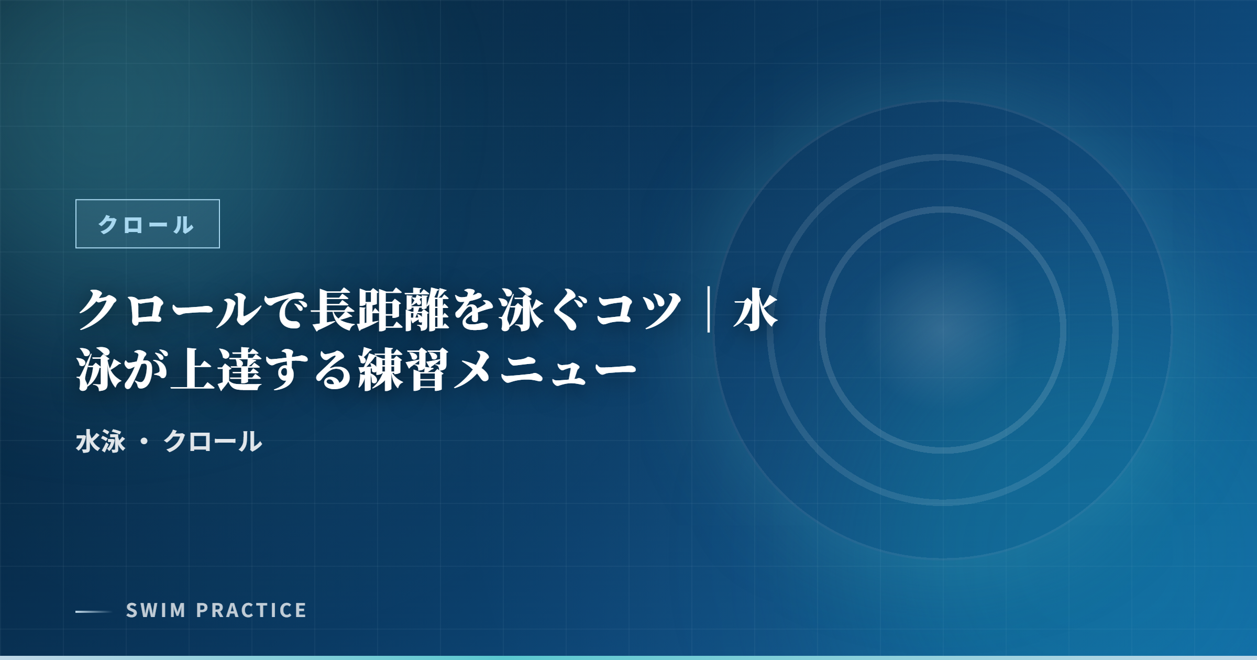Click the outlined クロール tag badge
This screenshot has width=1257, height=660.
148,224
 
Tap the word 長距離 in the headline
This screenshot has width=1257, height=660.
379,310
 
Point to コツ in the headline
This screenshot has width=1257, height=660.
638,310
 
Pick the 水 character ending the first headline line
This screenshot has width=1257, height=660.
756,310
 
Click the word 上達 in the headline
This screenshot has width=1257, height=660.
217,370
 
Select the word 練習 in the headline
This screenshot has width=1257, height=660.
404,370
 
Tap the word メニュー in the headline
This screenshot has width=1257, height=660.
545,370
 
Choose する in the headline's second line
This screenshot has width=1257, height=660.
310,370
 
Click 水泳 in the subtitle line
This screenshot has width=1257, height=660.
101,441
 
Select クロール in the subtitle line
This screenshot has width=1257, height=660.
213,441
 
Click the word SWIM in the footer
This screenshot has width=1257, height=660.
156,610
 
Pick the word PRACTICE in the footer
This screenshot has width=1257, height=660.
251,610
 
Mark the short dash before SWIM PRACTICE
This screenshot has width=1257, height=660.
94,611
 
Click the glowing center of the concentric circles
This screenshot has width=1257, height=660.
943,330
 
